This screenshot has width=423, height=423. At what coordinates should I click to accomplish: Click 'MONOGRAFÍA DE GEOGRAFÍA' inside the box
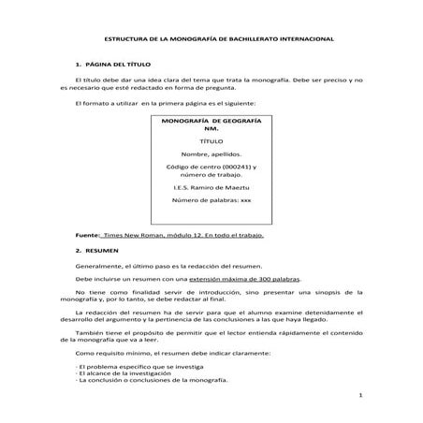(211, 123)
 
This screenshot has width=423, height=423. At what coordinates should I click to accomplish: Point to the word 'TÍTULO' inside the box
(211, 139)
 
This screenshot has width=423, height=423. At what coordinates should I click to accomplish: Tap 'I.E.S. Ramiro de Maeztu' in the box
(211, 187)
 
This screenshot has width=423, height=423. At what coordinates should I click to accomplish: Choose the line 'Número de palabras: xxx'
(211, 201)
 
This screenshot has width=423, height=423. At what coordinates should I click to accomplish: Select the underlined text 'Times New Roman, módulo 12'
(157, 236)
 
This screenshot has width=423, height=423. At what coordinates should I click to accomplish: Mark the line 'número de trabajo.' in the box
(211, 174)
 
